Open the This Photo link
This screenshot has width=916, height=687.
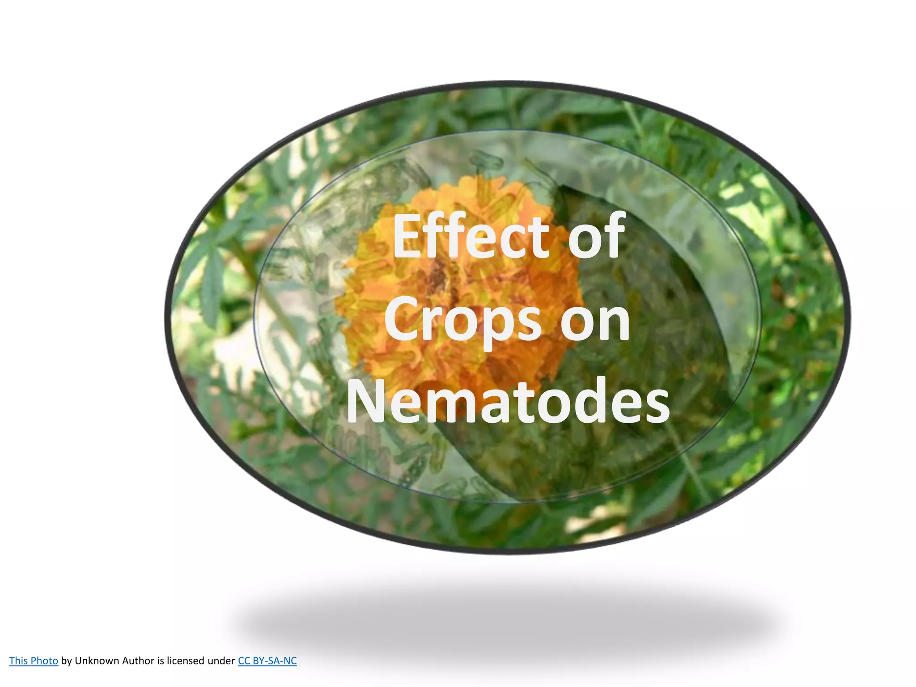click(x=34, y=661)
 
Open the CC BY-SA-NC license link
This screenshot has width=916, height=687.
click(x=267, y=661)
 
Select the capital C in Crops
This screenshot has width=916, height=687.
click(x=403, y=319)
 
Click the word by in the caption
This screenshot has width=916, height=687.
click(x=66, y=661)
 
